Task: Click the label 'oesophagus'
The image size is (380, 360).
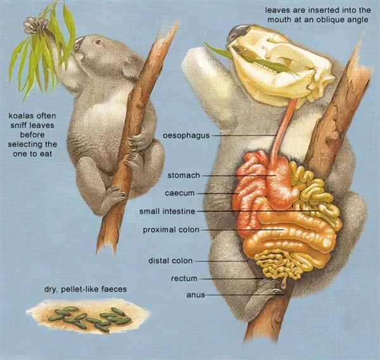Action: click(x=186, y=136)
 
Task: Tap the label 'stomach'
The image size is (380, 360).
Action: click(x=184, y=174)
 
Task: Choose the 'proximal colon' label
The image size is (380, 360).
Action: click(x=171, y=229)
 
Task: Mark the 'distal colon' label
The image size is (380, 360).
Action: click(x=170, y=260)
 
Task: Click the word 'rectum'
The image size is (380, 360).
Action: click(x=184, y=278)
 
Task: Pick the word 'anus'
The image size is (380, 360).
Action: click(x=195, y=295)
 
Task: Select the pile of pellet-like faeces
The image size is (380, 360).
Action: click(x=89, y=316)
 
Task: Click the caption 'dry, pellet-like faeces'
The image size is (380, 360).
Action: click(x=85, y=289)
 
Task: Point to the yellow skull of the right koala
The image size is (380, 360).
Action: click(x=285, y=63)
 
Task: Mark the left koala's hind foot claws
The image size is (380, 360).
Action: click(x=114, y=191)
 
